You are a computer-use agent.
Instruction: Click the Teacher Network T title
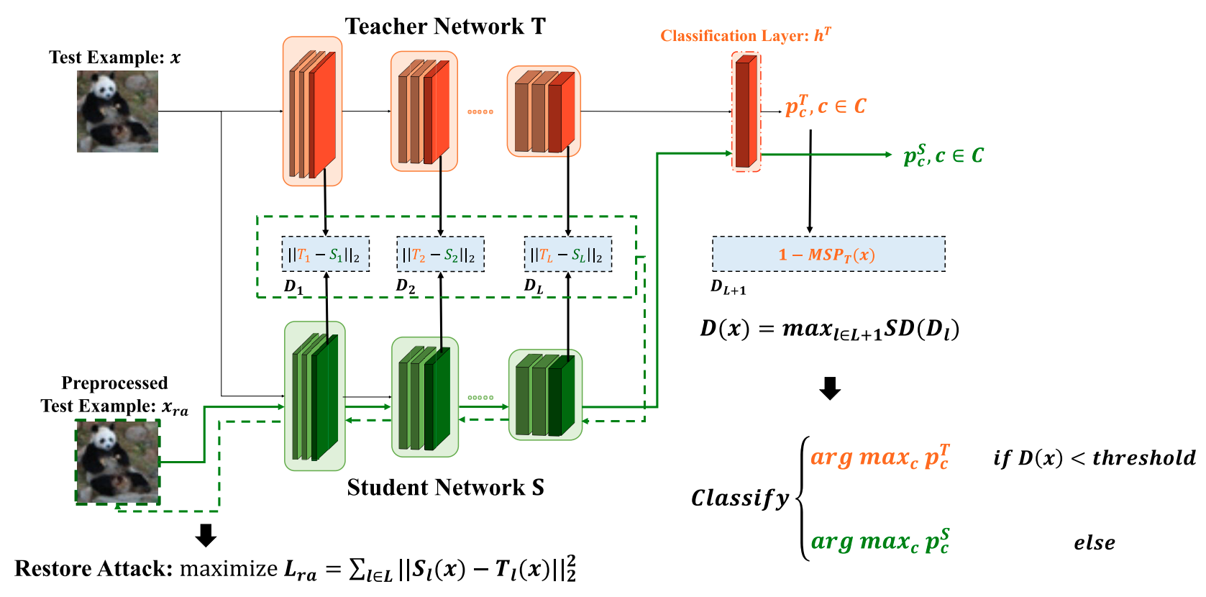pos(445,27)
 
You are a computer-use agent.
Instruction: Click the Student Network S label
pos(445,488)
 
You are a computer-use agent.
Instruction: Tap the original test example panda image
pos(117,111)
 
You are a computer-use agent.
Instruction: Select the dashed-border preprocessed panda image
pos(118,462)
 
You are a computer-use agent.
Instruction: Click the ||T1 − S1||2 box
pos(325,255)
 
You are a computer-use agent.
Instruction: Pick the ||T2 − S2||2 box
pos(440,255)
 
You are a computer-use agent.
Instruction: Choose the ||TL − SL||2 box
pos(567,255)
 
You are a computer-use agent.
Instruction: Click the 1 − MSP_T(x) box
pos(828,255)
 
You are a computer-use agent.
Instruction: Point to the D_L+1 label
pos(728,288)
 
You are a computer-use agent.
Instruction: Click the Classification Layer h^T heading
pos(745,35)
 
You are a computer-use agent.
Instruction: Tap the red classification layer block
pos(746,111)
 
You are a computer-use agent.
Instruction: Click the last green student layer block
pos(545,395)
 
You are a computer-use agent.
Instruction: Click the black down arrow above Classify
pos(830,388)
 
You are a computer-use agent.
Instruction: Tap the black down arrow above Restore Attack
pos(206,535)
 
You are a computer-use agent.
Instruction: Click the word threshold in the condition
pos(1143,458)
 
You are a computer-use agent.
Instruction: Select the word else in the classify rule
pos(1094,543)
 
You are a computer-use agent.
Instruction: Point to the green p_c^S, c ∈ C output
pos(943,155)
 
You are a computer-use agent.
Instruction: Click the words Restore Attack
pos(93,569)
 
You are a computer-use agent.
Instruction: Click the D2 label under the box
pos(406,286)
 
